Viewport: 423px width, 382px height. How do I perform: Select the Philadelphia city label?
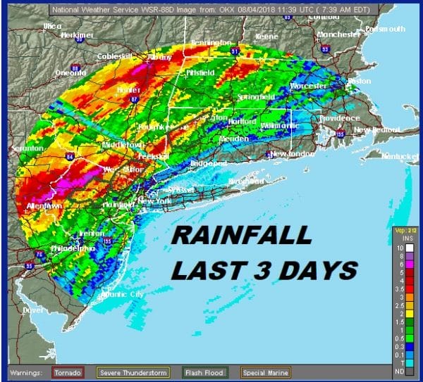[70, 248]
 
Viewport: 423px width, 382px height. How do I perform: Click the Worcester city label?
[309, 85]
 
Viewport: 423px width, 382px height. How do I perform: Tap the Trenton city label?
[88, 231]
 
